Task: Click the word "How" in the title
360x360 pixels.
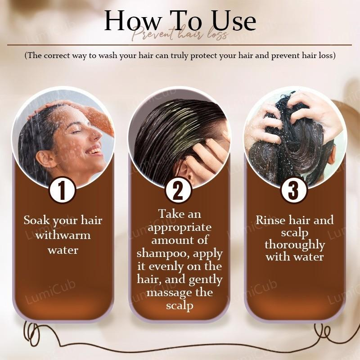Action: point(132,20)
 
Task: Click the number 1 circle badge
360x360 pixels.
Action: point(62,190)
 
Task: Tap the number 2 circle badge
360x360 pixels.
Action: point(178,190)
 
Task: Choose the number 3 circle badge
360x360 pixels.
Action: point(294,190)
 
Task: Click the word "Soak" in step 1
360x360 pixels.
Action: point(37,220)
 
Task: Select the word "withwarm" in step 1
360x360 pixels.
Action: point(63,235)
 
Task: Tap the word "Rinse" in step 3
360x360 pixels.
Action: point(271,220)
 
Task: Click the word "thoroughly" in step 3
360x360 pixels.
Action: point(295,245)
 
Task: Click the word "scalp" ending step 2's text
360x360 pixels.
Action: point(180,306)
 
